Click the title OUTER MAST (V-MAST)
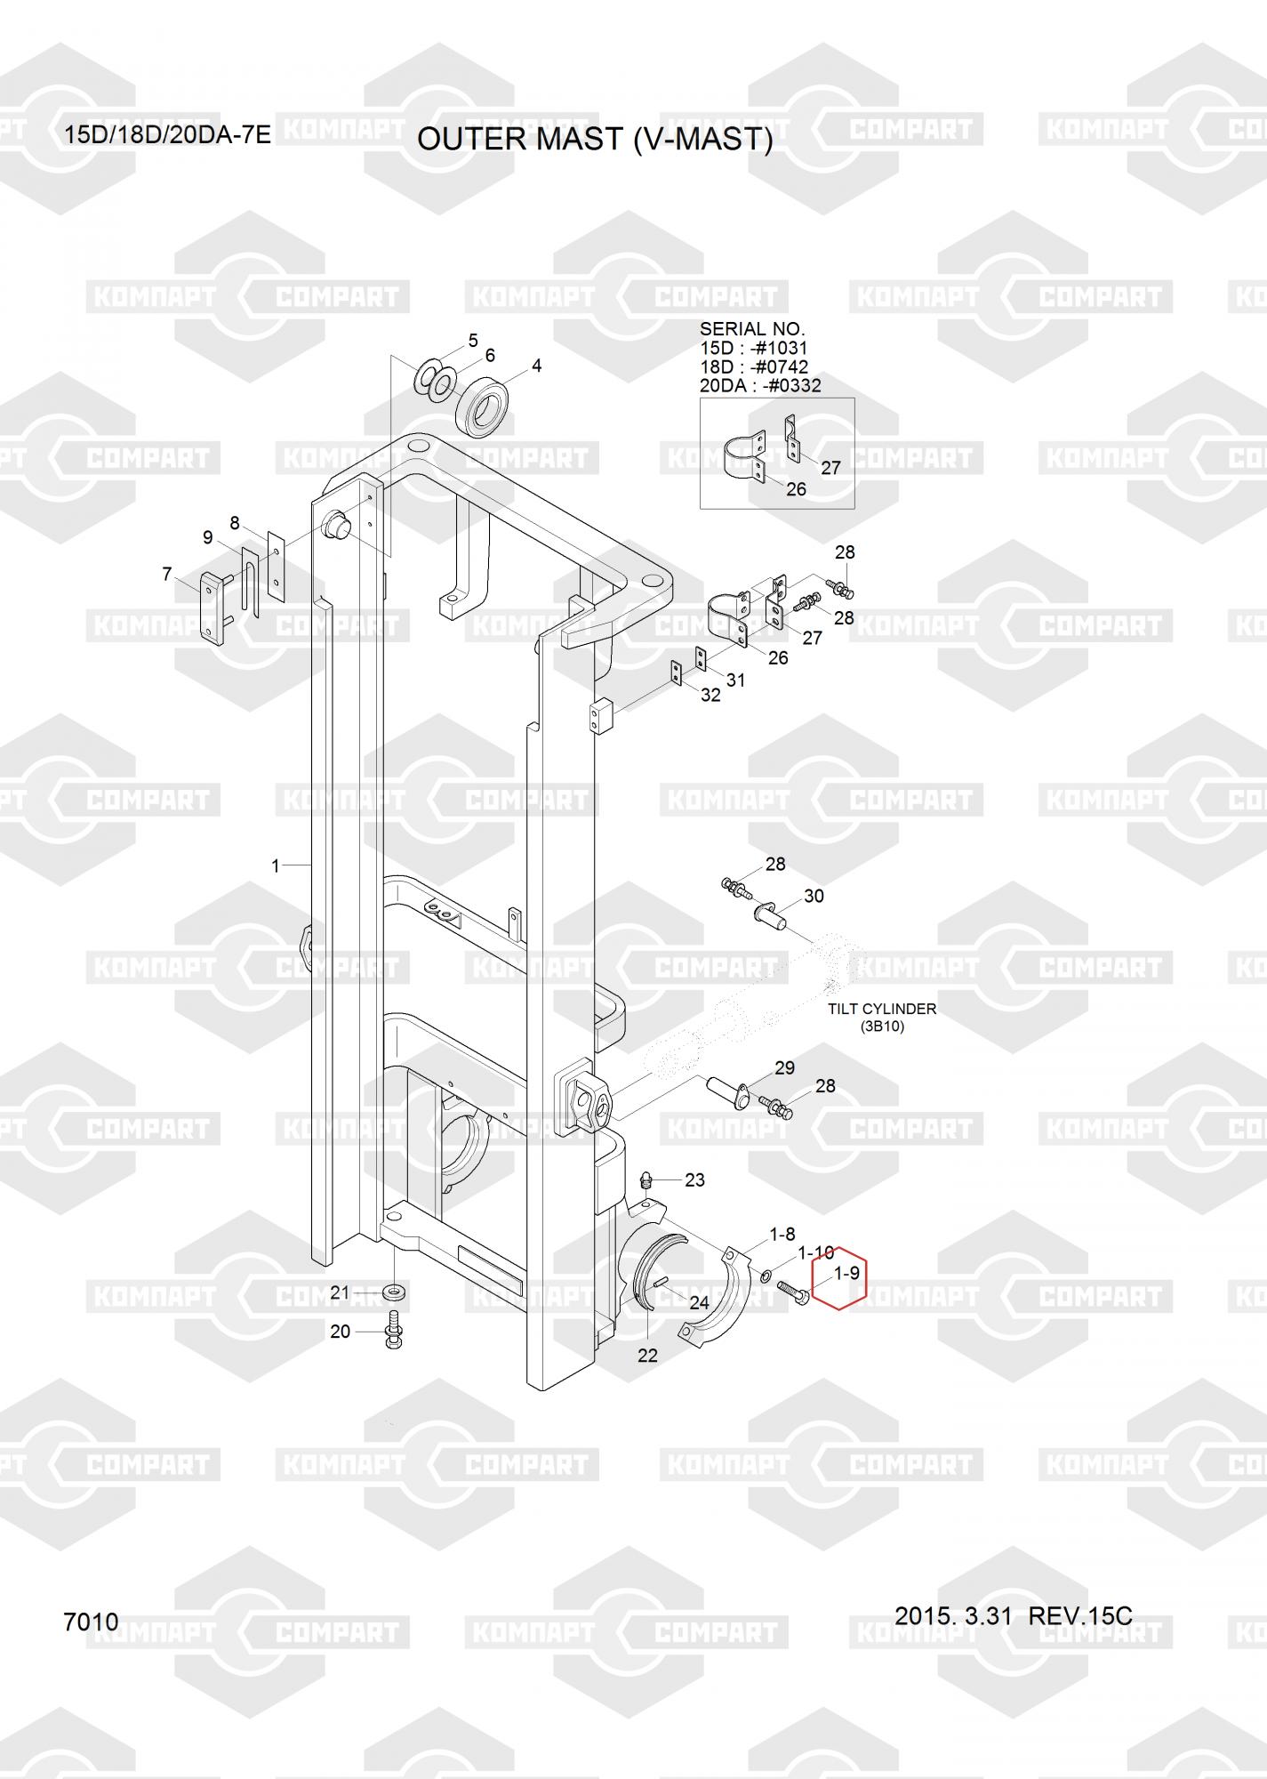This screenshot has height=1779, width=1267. click(595, 140)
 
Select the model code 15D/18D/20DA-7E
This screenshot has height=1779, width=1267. click(167, 135)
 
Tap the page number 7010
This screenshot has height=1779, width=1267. click(91, 1622)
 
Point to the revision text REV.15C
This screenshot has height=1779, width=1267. click(1080, 1615)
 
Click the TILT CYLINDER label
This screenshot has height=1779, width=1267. click(881, 1009)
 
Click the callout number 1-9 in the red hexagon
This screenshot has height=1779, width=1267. click(846, 1273)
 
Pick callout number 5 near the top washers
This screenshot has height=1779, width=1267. click(473, 341)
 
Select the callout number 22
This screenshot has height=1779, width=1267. click(647, 1356)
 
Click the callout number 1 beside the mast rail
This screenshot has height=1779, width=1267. click(276, 865)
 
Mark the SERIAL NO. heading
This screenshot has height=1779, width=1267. click(751, 329)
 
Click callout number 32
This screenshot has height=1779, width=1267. click(710, 696)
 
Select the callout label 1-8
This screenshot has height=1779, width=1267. click(782, 1234)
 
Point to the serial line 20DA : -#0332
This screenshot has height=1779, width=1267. click(760, 386)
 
